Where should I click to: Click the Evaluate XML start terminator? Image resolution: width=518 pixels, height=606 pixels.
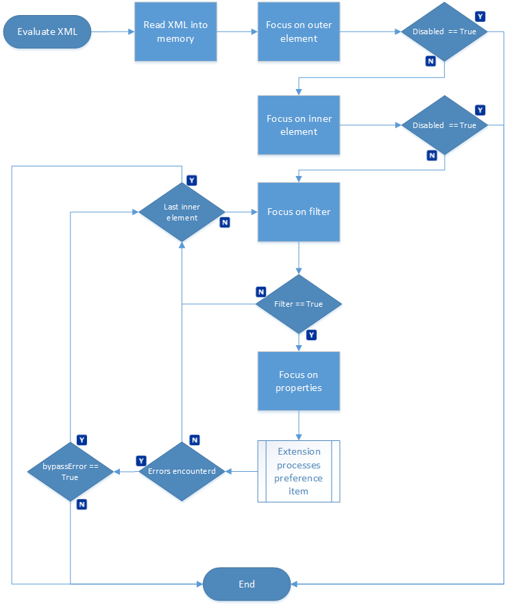(x=47, y=31)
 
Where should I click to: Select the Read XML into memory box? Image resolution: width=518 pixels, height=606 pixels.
(x=175, y=31)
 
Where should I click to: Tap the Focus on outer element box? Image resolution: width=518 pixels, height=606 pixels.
(x=299, y=31)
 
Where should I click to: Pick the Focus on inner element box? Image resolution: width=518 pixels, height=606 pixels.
(x=299, y=125)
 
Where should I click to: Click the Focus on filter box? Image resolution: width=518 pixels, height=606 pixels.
(x=299, y=212)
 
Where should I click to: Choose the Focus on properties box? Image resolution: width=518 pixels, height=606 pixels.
(x=299, y=381)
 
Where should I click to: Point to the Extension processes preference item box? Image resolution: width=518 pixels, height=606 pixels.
(x=299, y=471)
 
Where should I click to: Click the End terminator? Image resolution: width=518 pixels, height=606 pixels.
(x=247, y=584)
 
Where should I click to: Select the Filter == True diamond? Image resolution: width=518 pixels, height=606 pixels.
(x=299, y=304)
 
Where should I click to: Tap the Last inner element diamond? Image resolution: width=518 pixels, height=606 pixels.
(x=182, y=212)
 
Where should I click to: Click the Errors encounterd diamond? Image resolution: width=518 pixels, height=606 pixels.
(x=182, y=472)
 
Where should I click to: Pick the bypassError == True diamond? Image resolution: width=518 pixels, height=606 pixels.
(x=71, y=472)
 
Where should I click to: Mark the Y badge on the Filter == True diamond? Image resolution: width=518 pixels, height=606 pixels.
(x=312, y=335)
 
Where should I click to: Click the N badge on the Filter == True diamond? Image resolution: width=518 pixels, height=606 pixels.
(x=261, y=292)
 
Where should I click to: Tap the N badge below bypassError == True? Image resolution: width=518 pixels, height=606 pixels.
(x=82, y=505)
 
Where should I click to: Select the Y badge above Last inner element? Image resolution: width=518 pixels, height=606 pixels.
(x=192, y=180)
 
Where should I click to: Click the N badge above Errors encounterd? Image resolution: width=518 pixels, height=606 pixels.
(x=195, y=440)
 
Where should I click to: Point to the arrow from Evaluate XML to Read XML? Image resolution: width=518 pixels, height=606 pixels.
(x=113, y=31)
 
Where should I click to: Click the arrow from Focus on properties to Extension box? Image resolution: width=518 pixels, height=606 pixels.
(x=299, y=425)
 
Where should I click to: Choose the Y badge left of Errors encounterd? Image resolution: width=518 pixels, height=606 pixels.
(x=141, y=461)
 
